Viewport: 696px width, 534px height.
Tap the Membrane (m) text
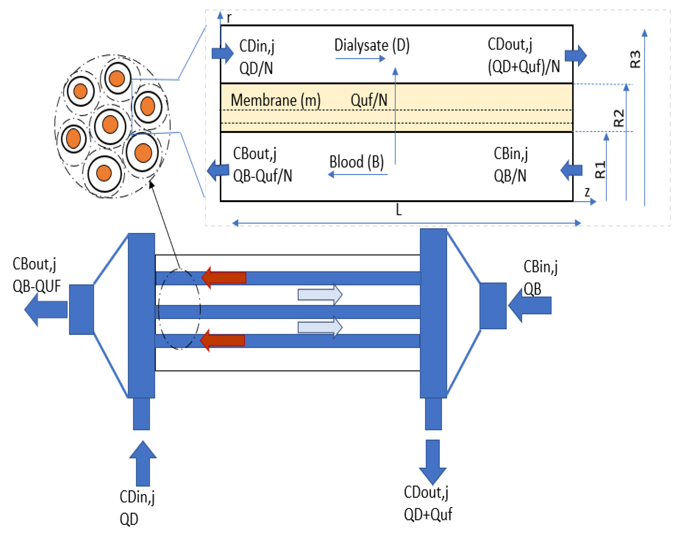click(x=275, y=100)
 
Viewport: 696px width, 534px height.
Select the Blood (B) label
click(x=356, y=162)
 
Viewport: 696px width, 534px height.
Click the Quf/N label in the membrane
click(x=369, y=100)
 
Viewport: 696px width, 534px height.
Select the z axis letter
click(x=587, y=192)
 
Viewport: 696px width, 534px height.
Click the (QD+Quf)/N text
click(x=524, y=67)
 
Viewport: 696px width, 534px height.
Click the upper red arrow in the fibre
click(x=224, y=278)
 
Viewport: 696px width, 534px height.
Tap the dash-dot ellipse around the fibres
click(x=159, y=308)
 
